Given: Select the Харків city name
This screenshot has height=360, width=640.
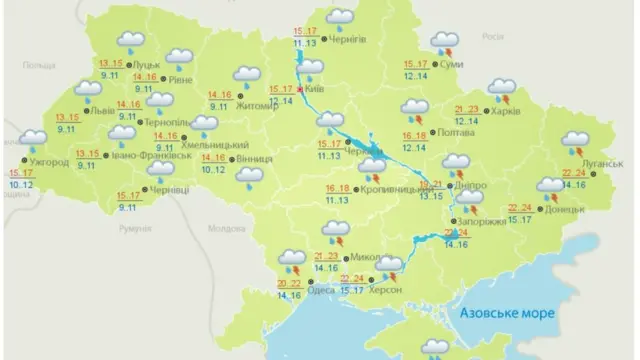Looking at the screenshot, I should pyautogui.click(x=502, y=112).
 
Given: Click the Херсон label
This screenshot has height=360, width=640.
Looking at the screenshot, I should pyautogui.click(x=385, y=289).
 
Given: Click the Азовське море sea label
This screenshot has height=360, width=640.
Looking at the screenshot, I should pyautogui.click(x=507, y=313).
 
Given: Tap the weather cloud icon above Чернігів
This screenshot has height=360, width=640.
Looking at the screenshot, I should pyautogui.click(x=341, y=17).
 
